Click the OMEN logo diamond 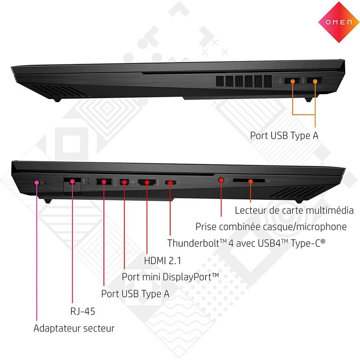click(339, 22)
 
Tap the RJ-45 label click(83, 311)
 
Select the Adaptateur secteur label click(74, 328)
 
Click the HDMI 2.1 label click(162, 261)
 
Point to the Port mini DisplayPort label click(170, 277)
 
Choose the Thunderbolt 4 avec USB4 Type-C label click(246, 243)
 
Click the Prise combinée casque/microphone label click(271, 227)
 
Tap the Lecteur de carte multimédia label click(294, 210)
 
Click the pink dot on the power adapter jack click(37, 183)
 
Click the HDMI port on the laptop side click(147, 183)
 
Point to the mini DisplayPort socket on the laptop click(124, 182)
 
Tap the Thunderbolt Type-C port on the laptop click(171, 183)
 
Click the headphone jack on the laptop click(221, 180)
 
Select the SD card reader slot click(249, 181)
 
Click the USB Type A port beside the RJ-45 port click(104, 182)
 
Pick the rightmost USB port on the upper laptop click(315, 81)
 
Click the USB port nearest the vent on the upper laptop click(292, 81)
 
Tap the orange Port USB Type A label click(284, 135)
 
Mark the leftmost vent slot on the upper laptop click(220, 81)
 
